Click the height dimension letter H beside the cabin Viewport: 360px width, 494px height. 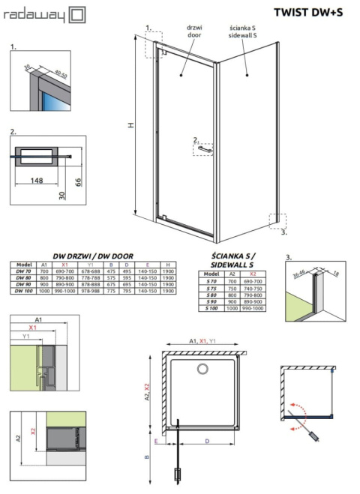130,127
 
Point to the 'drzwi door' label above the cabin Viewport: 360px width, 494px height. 195,31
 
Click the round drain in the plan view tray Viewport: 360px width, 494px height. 202,368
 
